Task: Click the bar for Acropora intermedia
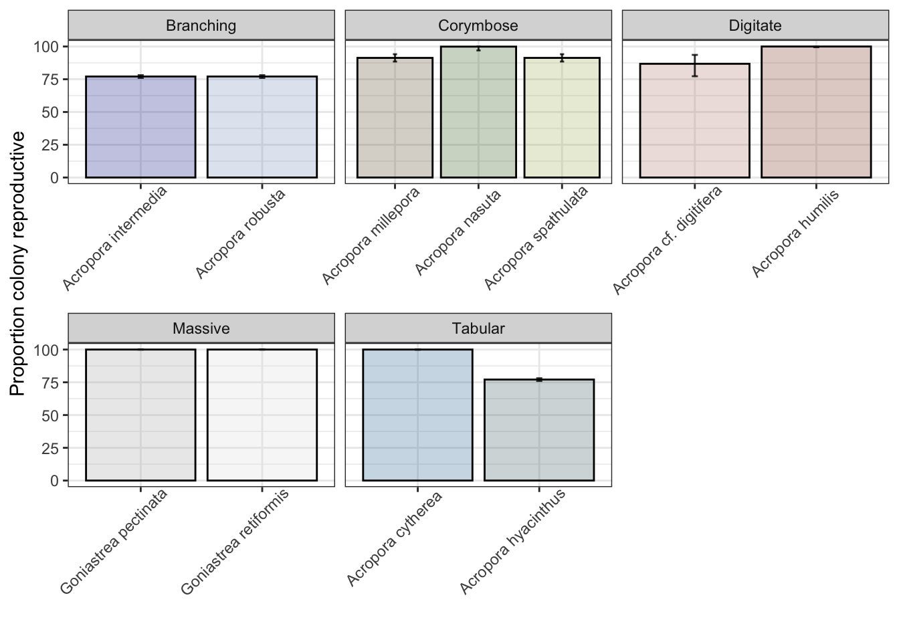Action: tap(140, 127)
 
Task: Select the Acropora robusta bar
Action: tap(262, 127)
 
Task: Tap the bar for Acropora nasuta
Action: tap(478, 112)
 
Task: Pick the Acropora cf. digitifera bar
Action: tap(694, 121)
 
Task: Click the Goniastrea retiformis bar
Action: tap(262, 415)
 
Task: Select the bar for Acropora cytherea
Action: tap(417, 415)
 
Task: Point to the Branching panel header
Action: tap(201, 26)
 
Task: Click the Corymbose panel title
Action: tap(478, 26)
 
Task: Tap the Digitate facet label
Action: tap(755, 26)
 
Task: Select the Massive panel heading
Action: tap(201, 328)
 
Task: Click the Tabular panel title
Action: tap(478, 328)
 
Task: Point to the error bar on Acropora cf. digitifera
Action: tap(694, 66)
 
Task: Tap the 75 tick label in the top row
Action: tap(51, 80)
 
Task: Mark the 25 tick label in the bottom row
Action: tap(51, 448)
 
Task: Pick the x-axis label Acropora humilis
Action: tap(796, 232)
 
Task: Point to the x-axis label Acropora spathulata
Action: tap(536, 237)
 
